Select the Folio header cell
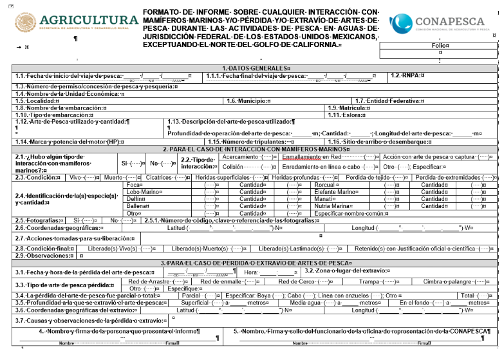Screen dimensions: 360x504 coord(440,46)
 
